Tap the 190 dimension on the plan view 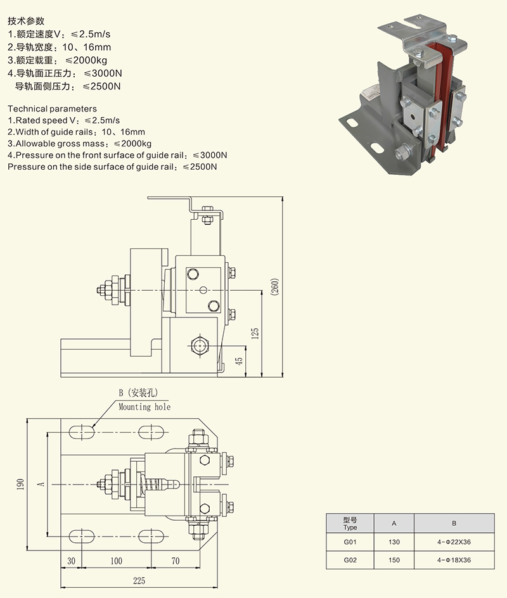tap(21, 484)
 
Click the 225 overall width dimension tap(139, 579)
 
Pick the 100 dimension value tap(115, 561)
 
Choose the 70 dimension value tap(176, 561)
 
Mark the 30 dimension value tap(71, 561)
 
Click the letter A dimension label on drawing tap(41, 484)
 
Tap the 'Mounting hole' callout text tap(144, 407)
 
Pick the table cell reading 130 tap(394, 542)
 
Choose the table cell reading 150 tap(394, 560)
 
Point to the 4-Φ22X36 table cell tap(454, 542)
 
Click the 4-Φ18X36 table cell tap(454, 560)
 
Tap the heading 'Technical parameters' tap(52, 108)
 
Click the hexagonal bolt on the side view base tap(200, 345)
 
